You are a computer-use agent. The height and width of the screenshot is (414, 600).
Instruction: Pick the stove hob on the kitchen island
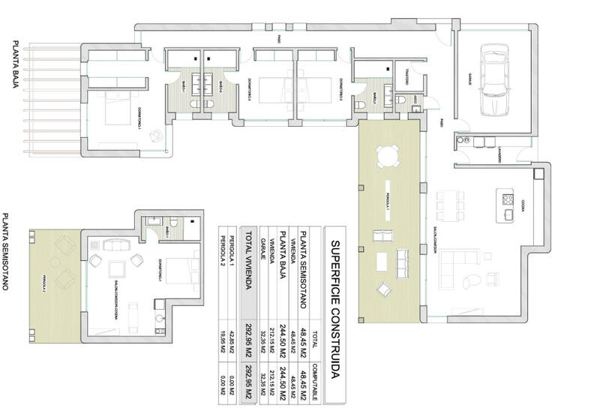tap(508, 199)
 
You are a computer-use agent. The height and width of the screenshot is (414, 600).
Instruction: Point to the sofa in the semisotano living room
tap(116, 244)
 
